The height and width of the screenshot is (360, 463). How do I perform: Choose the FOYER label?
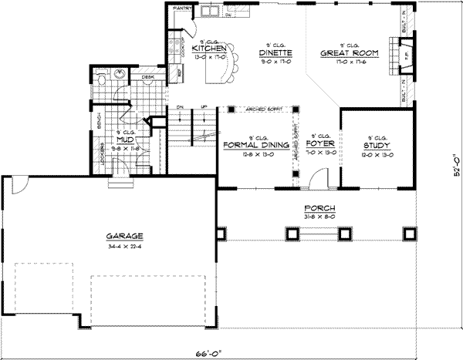click(319, 144)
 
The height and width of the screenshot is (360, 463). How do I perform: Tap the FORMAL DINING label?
click(255, 144)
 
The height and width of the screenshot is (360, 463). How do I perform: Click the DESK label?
click(148, 77)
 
